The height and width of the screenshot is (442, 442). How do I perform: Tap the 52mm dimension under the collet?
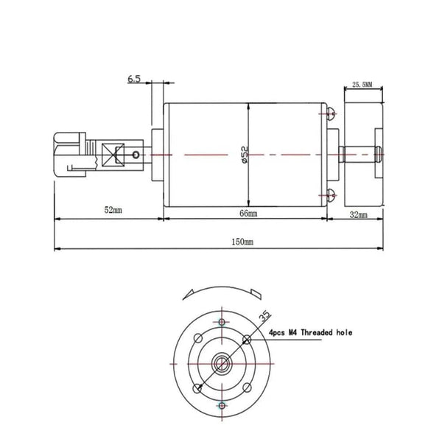click(113, 211)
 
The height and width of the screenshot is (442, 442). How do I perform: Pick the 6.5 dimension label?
click(134, 79)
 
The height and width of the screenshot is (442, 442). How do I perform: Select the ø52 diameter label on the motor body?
click(244, 154)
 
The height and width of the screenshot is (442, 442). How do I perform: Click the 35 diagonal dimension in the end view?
click(264, 317)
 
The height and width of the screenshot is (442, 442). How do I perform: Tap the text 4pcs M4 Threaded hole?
click(310, 332)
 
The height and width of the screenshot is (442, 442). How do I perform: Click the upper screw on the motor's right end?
click(332, 113)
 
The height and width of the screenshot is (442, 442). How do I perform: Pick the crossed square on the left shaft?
click(113, 155)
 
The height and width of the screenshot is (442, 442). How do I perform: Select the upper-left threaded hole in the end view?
click(196, 339)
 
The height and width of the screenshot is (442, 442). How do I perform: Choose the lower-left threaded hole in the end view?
click(196, 388)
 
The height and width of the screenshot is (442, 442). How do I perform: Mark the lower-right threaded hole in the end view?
click(246, 388)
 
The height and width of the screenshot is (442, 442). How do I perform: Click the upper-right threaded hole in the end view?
click(246, 339)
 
